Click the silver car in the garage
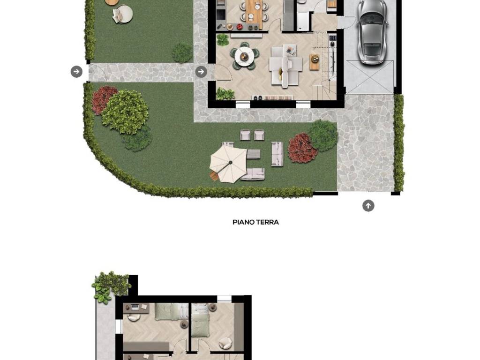372,31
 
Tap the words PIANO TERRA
255,222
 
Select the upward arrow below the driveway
368,206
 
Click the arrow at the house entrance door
201,72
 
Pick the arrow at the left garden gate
76,72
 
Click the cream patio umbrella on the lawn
228,163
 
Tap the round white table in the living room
244,57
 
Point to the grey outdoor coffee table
253,154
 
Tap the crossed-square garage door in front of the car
369,77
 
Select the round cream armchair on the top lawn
123,14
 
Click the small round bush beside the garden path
182,52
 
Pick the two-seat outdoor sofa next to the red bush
277,154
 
